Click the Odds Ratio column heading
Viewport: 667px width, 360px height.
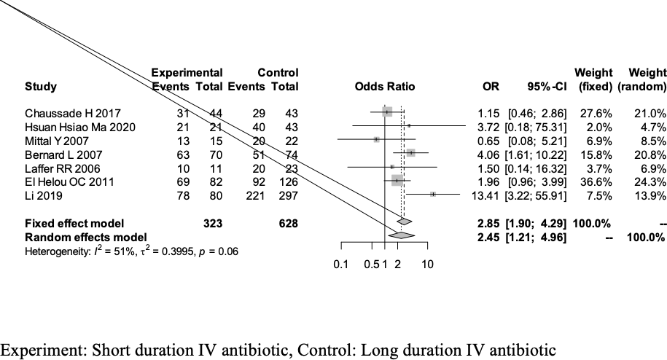pos(384,87)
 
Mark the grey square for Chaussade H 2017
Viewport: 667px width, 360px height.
pos(386,112)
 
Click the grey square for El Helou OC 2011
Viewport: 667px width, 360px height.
pos(397,180)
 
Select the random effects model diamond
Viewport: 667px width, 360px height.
pos(402,235)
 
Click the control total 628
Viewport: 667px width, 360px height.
pos(288,222)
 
